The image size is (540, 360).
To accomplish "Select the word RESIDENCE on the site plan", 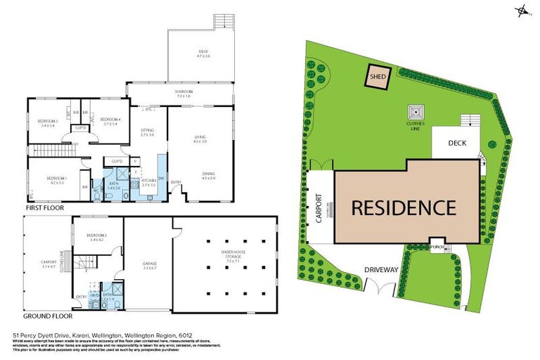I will [x=403, y=207].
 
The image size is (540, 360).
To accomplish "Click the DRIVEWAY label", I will [x=381, y=269].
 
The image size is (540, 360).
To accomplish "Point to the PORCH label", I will [x=437, y=247].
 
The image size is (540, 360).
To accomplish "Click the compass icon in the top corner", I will [x=523, y=10].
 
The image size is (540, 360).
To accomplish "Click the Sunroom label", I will [x=184, y=92].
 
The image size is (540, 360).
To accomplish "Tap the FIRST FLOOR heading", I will [x=44, y=209].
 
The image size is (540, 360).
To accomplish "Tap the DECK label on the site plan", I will [x=458, y=142].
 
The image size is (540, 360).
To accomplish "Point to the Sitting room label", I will [x=147, y=131].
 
